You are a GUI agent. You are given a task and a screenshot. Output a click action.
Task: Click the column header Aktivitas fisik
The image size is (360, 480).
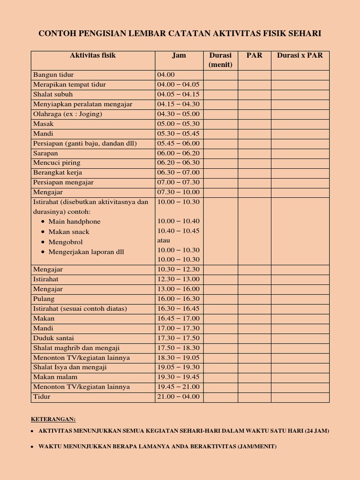coord(93,55)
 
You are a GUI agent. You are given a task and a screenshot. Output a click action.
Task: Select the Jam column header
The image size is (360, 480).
coord(179,55)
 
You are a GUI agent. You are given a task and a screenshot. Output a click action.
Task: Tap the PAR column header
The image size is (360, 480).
coord(254,55)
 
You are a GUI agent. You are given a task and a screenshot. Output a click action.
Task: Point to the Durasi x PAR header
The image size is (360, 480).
coord(300,55)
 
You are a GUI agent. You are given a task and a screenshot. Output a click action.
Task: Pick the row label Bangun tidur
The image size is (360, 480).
coord(53,75)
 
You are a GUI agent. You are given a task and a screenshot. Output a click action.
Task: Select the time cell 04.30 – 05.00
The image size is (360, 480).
coord(178,114)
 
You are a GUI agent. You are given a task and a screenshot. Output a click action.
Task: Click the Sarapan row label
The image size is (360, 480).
coord(45,153)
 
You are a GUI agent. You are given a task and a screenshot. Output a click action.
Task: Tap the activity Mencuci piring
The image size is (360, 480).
coord(56,163)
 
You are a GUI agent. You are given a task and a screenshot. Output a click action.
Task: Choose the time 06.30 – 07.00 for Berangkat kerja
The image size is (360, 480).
coord(178,172)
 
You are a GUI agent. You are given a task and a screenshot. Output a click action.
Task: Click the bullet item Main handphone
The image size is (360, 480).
coord(74,222)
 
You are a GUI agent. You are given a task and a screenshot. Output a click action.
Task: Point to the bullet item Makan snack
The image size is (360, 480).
coord(68,232)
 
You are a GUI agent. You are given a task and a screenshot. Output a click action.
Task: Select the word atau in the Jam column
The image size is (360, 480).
coord(164,240)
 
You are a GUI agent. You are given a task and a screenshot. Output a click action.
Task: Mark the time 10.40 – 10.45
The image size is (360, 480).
coord(178,231)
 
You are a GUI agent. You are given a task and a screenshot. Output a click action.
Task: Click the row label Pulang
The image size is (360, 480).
coord(44,299)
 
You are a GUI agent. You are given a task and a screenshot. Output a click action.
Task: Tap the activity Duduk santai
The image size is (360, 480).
coord(53,338)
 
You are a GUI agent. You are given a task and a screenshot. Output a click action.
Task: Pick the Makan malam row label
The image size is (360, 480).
coord(55,377)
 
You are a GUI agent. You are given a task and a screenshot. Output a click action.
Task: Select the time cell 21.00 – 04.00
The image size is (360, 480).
coord(178,397)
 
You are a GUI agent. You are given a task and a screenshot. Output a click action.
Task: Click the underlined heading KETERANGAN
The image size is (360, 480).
coord(53,419)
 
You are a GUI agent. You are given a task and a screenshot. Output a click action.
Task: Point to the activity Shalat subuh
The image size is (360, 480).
coord(53,94)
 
